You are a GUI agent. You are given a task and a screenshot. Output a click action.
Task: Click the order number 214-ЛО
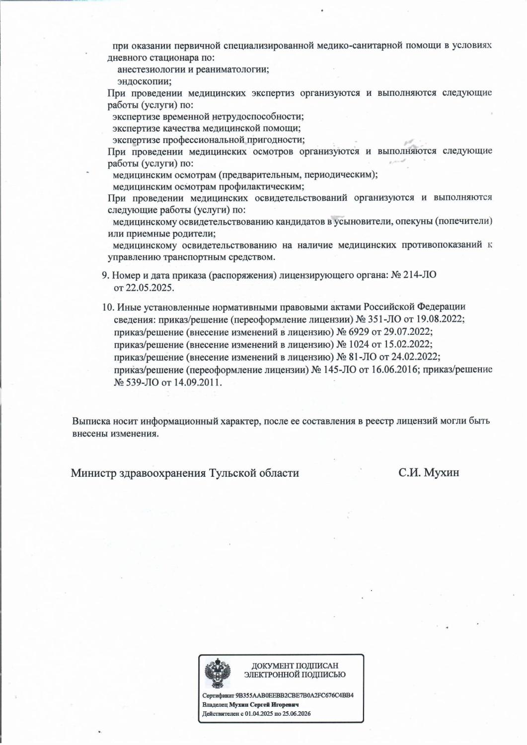coord(420,275)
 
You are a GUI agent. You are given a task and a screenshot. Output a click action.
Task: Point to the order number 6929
coord(359,331)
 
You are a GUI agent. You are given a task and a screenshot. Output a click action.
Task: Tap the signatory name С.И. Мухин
coord(428,473)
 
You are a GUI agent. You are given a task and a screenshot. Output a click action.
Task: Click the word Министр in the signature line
coord(93,473)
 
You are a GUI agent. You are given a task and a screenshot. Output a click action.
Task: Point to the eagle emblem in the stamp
coord(218,671)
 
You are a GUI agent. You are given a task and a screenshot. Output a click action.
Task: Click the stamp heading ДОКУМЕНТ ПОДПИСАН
coord(295,666)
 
